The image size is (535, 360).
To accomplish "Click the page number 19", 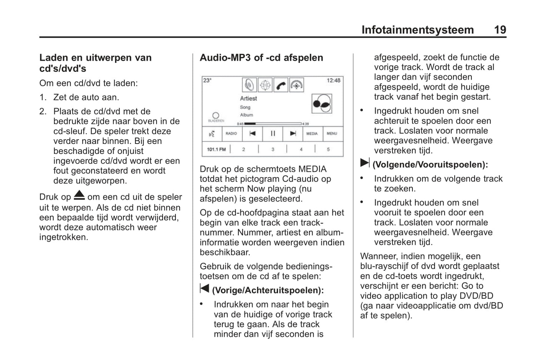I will coord(500,30).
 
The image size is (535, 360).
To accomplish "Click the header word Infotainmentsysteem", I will coord(417,30).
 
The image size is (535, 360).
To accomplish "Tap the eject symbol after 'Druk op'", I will coord(79,195).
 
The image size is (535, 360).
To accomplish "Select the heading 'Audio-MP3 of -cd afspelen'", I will coord(261,58).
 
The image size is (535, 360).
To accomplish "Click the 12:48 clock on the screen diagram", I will coord(333,80).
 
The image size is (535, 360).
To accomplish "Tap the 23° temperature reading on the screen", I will coord(207,80).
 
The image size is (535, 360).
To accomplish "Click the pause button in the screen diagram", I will coord(273,134).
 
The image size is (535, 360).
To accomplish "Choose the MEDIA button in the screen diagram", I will coord(312,134).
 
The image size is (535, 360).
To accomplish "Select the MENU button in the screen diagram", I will coord(332,134).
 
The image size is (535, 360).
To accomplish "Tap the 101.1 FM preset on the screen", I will coord(216,149).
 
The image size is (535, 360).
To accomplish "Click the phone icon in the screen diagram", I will coord(281,85).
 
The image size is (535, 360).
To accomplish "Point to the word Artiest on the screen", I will coord(248,98).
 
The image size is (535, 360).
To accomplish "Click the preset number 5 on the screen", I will coord(328,149).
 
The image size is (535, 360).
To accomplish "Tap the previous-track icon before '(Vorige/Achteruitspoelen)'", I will coord(204,288).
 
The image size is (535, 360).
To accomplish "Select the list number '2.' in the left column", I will coord(43,111).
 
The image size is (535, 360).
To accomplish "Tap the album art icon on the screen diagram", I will coord(322,103).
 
